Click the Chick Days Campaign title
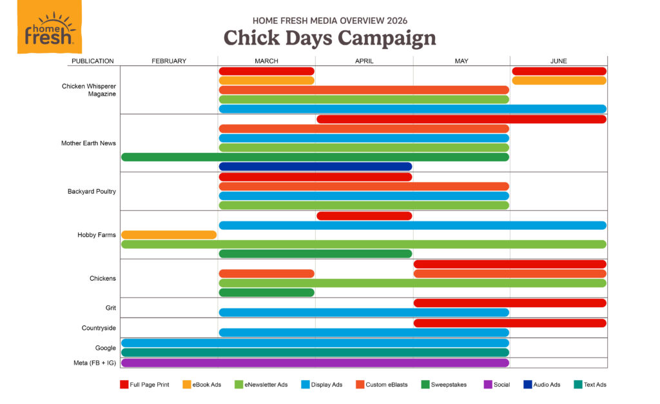pyautogui.click(x=329, y=37)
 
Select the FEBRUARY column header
pyautogui.click(x=169, y=61)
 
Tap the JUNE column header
pyautogui.click(x=558, y=61)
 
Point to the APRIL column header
pyautogui.click(x=364, y=61)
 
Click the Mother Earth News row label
pyautogui.click(x=88, y=143)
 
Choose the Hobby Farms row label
pyautogui.click(x=97, y=235)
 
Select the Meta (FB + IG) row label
pyautogui.click(x=94, y=363)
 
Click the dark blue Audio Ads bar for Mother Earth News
pyautogui.click(x=315, y=167)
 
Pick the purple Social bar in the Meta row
pyautogui.click(x=315, y=363)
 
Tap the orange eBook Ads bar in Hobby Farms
pyautogui.click(x=169, y=235)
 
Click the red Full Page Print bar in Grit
pyautogui.click(x=510, y=303)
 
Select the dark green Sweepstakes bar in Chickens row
pyautogui.click(x=267, y=292)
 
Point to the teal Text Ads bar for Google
pyautogui.click(x=315, y=352)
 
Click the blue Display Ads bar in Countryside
pyautogui.click(x=364, y=332)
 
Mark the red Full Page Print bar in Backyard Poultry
pyautogui.click(x=315, y=177)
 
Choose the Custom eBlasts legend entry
pyautogui.click(x=380, y=385)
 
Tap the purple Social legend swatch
pyautogui.click(x=488, y=385)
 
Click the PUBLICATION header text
pyautogui.click(x=93, y=61)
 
